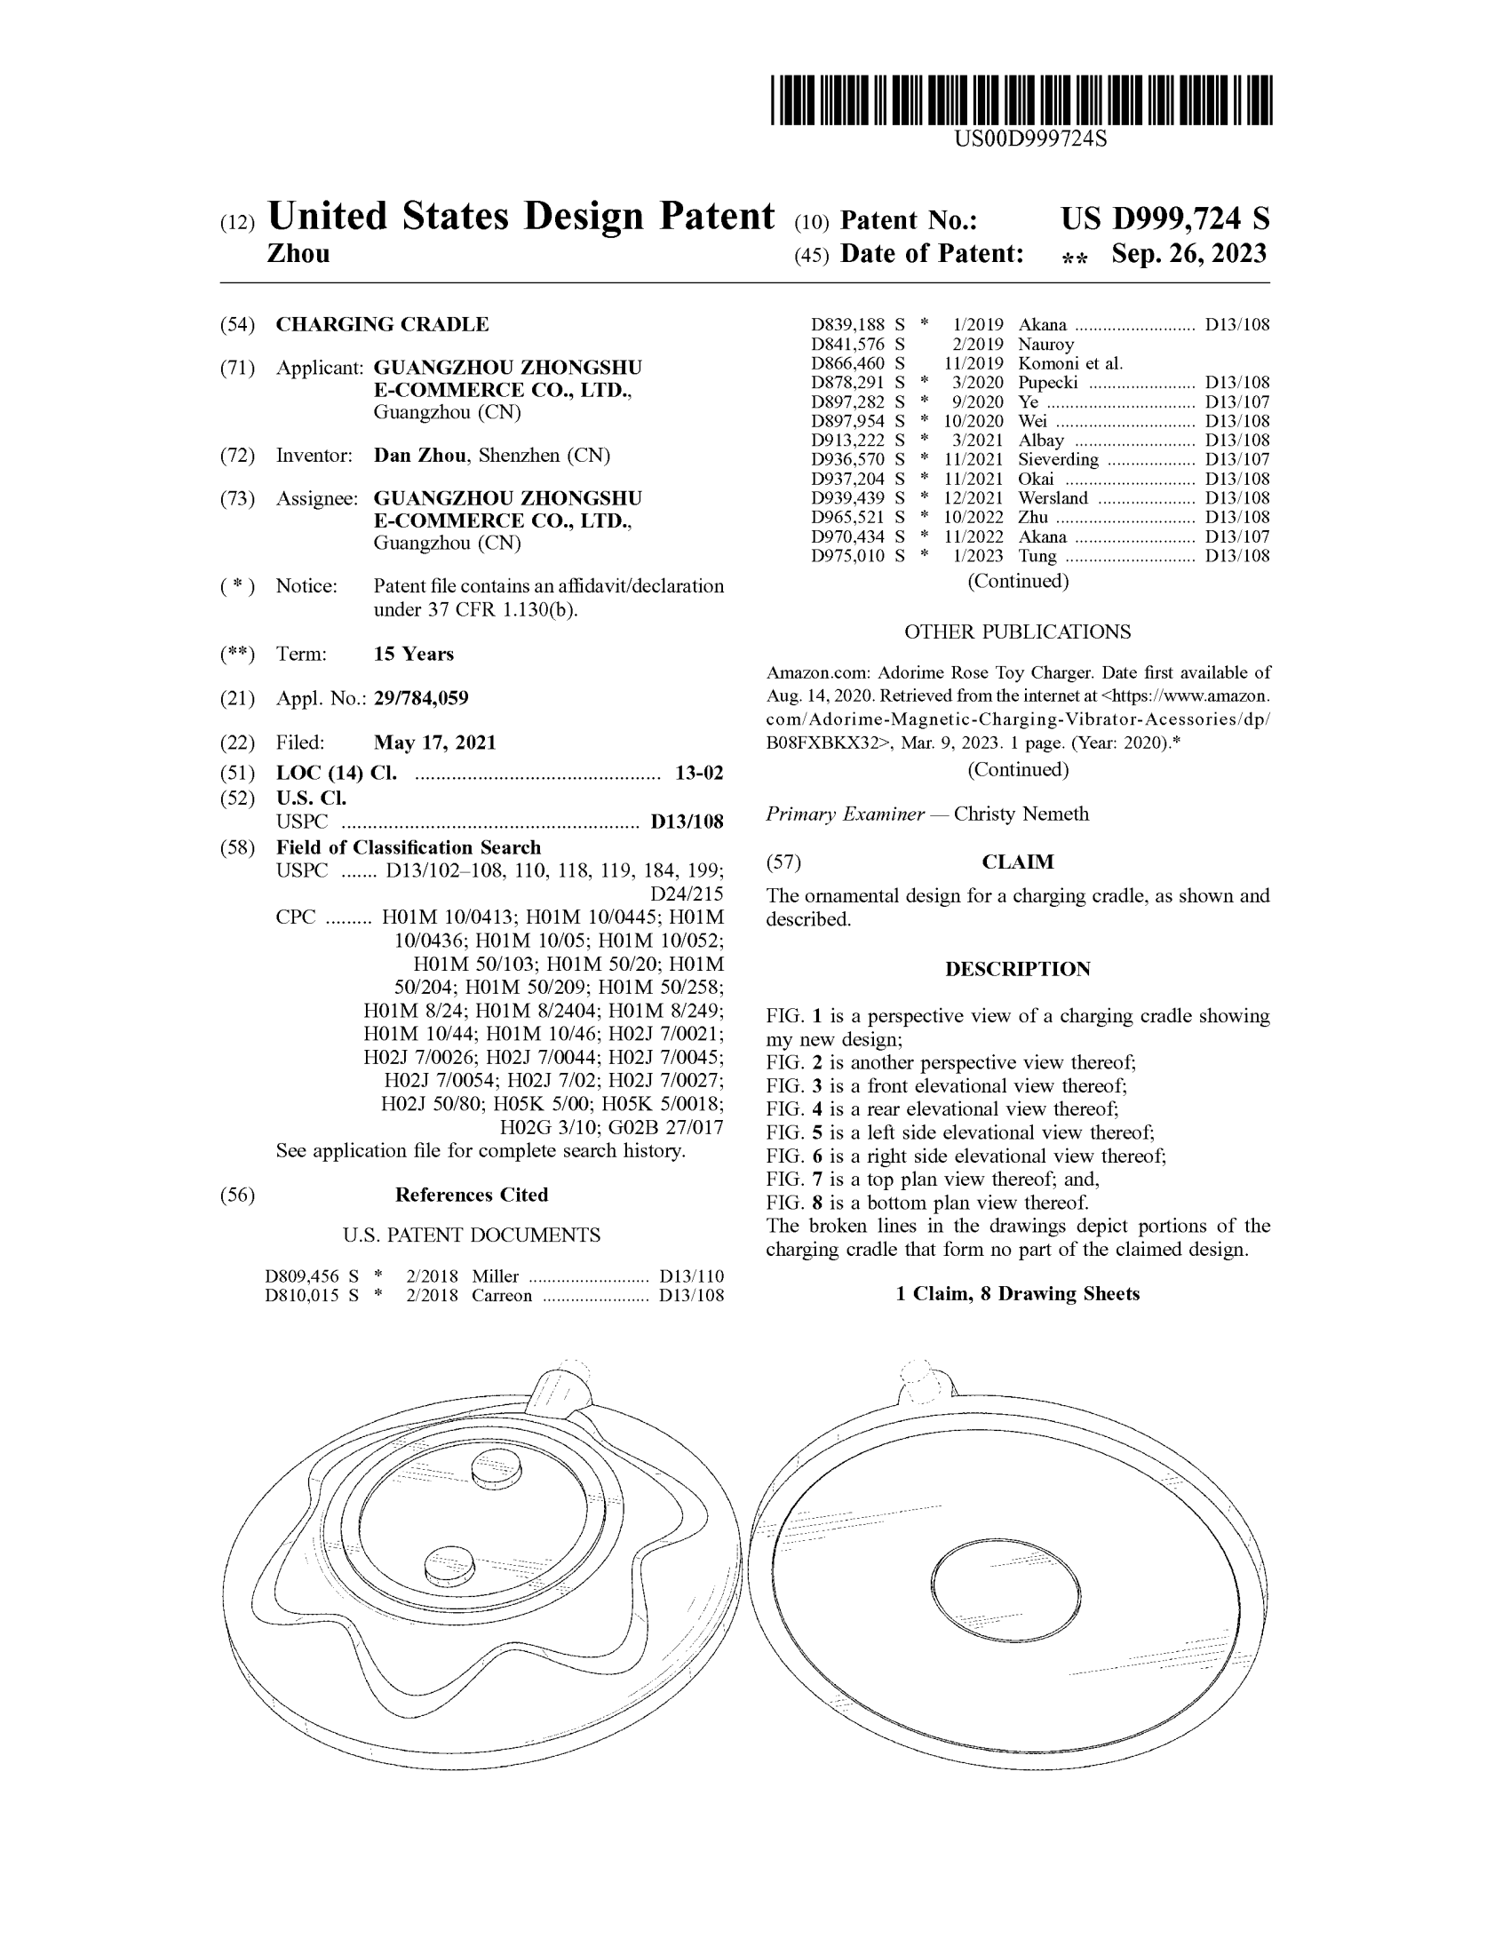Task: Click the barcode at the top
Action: point(1021,99)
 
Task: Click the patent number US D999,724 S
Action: point(1164,219)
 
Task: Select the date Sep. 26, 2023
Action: point(1188,254)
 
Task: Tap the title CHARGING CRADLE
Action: point(382,324)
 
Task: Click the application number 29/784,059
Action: point(420,698)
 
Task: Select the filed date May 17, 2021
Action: point(433,743)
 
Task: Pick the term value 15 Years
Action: point(413,654)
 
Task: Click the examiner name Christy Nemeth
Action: point(1021,814)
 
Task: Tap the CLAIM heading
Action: point(1017,862)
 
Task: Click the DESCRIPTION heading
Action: point(1017,969)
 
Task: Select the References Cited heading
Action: point(472,1195)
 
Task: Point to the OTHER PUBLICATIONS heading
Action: point(1017,631)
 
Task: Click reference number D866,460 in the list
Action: point(847,363)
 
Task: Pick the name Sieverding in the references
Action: point(1057,460)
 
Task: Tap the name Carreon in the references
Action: point(502,1296)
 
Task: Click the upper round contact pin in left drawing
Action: point(497,1469)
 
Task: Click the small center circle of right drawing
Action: point(1005,1591)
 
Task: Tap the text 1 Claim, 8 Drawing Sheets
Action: point(1017,1294)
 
